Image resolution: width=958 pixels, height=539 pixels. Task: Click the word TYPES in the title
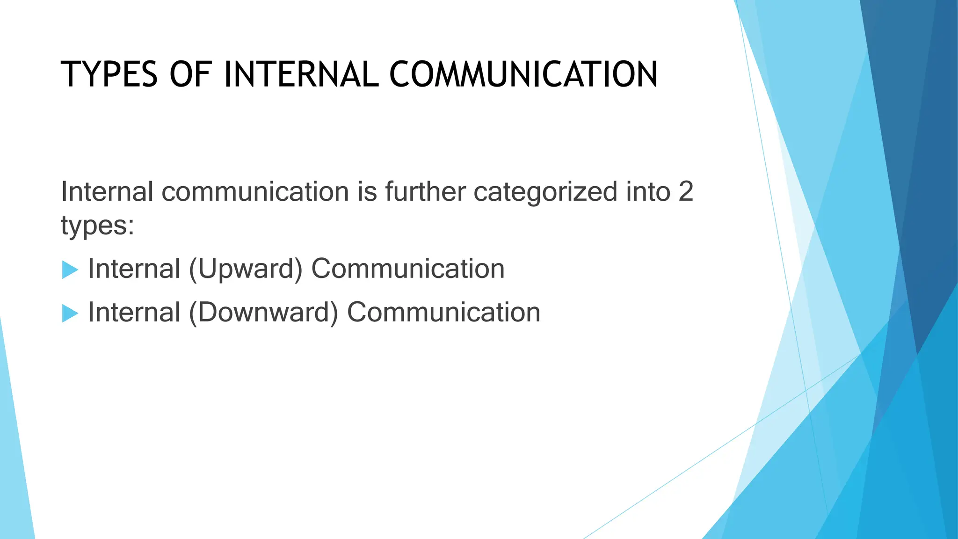[x=109, y=75]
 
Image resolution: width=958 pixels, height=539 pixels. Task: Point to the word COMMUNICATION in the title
[x=523, y=75]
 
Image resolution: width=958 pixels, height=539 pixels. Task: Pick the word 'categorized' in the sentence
[x=545, y=193]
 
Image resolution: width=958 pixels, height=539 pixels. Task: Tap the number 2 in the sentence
[x=685, y=192]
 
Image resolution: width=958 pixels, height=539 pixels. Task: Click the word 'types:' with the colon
[x=98, y=226]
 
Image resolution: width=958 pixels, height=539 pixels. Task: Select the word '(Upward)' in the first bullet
[x=246, y=269]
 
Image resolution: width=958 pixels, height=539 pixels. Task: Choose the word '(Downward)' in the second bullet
[x=263, y=313]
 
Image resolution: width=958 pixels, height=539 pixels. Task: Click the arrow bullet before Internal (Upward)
[x=70, y=270]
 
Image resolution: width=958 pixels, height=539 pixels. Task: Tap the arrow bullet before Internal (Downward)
[x=70, y=313]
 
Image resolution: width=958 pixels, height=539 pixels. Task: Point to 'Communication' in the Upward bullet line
[x=408, y=269]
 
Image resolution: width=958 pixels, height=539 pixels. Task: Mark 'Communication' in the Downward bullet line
[x=443, y=312]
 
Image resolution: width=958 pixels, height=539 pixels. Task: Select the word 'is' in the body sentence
[x=367, y=192]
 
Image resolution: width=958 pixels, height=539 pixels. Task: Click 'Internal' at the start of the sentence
[x=107, y=192]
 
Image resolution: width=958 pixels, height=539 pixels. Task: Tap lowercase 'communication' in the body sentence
[x=255, y=192]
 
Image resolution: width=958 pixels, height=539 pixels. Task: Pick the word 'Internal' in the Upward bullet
[x=134, y=269]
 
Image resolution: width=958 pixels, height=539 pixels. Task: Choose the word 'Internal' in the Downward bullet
[x=134, y=312]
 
